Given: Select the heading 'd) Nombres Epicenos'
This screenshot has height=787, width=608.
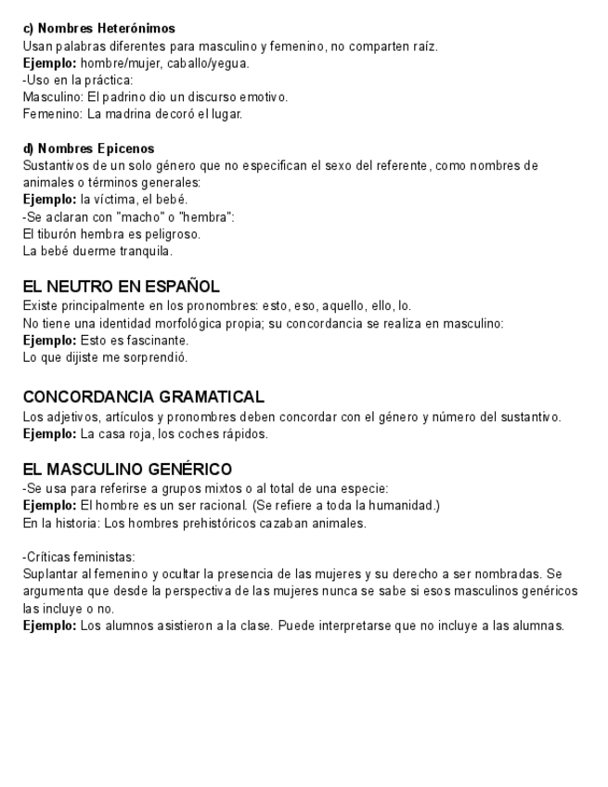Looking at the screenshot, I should [88, 148].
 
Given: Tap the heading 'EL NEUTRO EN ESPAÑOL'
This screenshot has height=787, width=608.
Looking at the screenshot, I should [121, 287].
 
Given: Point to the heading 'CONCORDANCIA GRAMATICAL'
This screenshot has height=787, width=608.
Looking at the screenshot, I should [143, 396].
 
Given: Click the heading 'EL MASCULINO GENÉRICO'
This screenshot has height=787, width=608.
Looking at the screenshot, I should [127, 469].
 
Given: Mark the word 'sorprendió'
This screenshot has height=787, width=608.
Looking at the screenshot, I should [158, 357].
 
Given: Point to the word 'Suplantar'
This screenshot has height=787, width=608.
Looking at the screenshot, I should [49, 574].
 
